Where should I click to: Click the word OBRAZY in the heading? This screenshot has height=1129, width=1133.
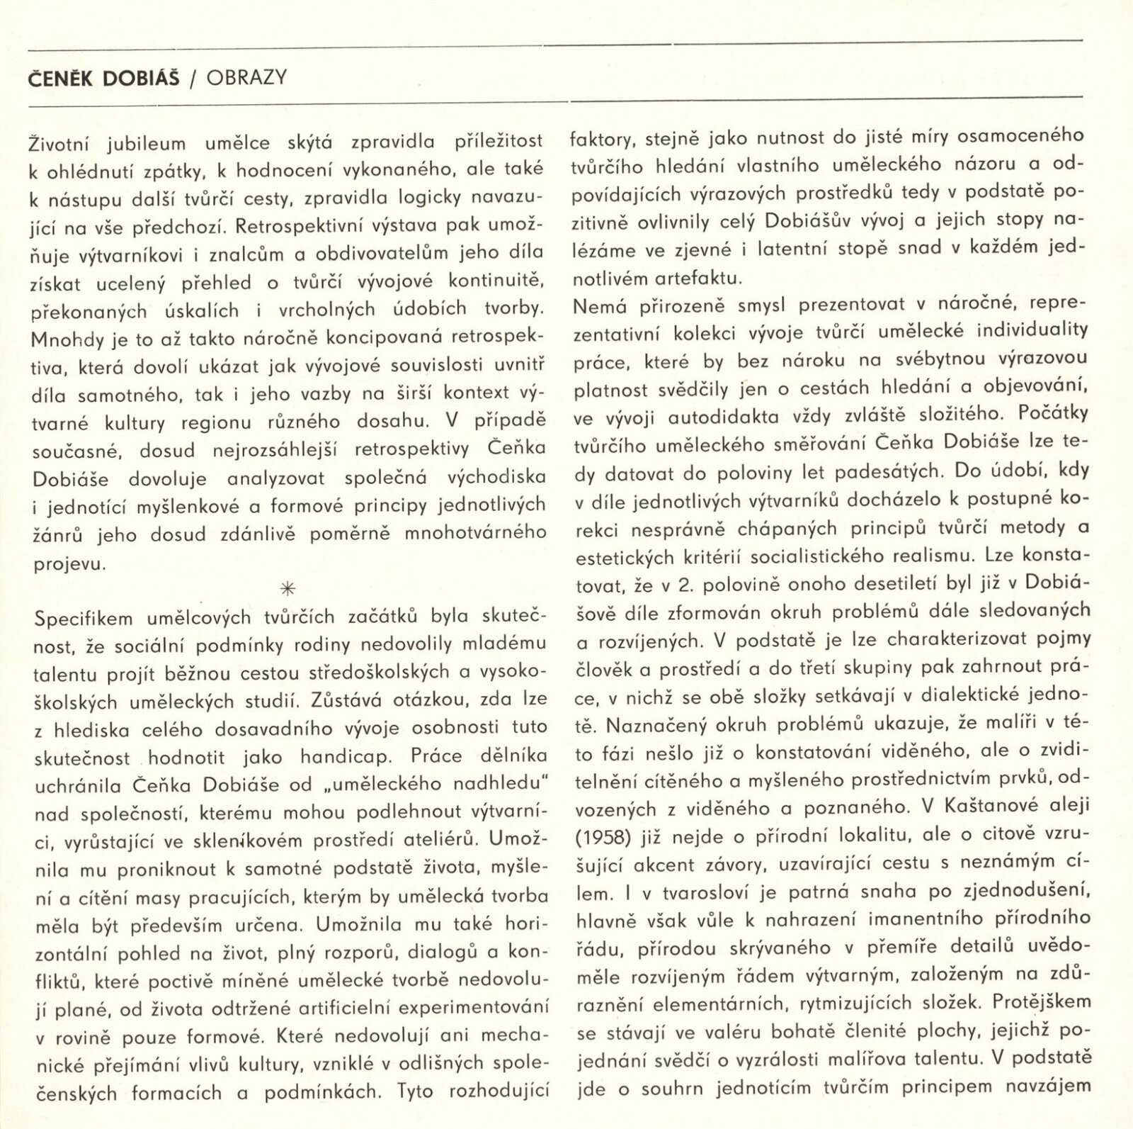click(x=246, y=77)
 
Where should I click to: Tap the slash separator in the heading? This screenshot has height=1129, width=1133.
click(x=193, y=78)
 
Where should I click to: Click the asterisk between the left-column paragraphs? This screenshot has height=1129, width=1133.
click(x=288, y=588)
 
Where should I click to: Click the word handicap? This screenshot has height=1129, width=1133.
click(x=345, y=757)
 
